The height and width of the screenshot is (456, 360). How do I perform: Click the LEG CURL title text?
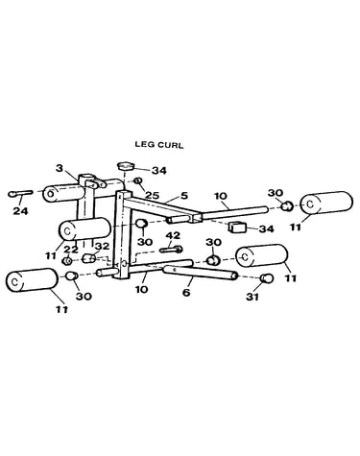pos(159,145)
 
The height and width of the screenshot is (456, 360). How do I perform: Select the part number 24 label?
pos(20,211)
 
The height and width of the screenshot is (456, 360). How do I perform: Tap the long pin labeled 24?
pos(20,193)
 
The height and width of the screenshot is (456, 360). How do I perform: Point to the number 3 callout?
pos(60,168)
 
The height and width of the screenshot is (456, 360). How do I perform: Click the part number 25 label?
pos(152,195)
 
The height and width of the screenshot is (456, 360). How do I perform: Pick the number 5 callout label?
pos(184,195)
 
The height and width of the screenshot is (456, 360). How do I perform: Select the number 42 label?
pos(173,236)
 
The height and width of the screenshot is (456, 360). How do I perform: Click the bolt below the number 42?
pos(171,249)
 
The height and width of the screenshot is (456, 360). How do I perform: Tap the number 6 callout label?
pos(186,293)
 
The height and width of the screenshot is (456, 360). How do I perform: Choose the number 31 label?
pos(252,297)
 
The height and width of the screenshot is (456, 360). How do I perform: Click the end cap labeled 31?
pos(267,278)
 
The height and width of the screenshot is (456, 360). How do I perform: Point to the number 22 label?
pos(70,250)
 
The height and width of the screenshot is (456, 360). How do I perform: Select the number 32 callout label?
pos(103,247)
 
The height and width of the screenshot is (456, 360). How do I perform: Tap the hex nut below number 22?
pos(67,261)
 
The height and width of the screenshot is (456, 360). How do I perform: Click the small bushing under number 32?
pos(89,258)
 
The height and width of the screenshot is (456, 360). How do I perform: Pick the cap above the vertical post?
pos(125,166)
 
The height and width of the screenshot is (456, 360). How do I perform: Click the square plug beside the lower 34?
pos(236,227)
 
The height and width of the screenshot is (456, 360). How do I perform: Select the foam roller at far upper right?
pos(326,203)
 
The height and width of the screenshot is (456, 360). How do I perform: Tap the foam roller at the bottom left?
pos(32,280)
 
